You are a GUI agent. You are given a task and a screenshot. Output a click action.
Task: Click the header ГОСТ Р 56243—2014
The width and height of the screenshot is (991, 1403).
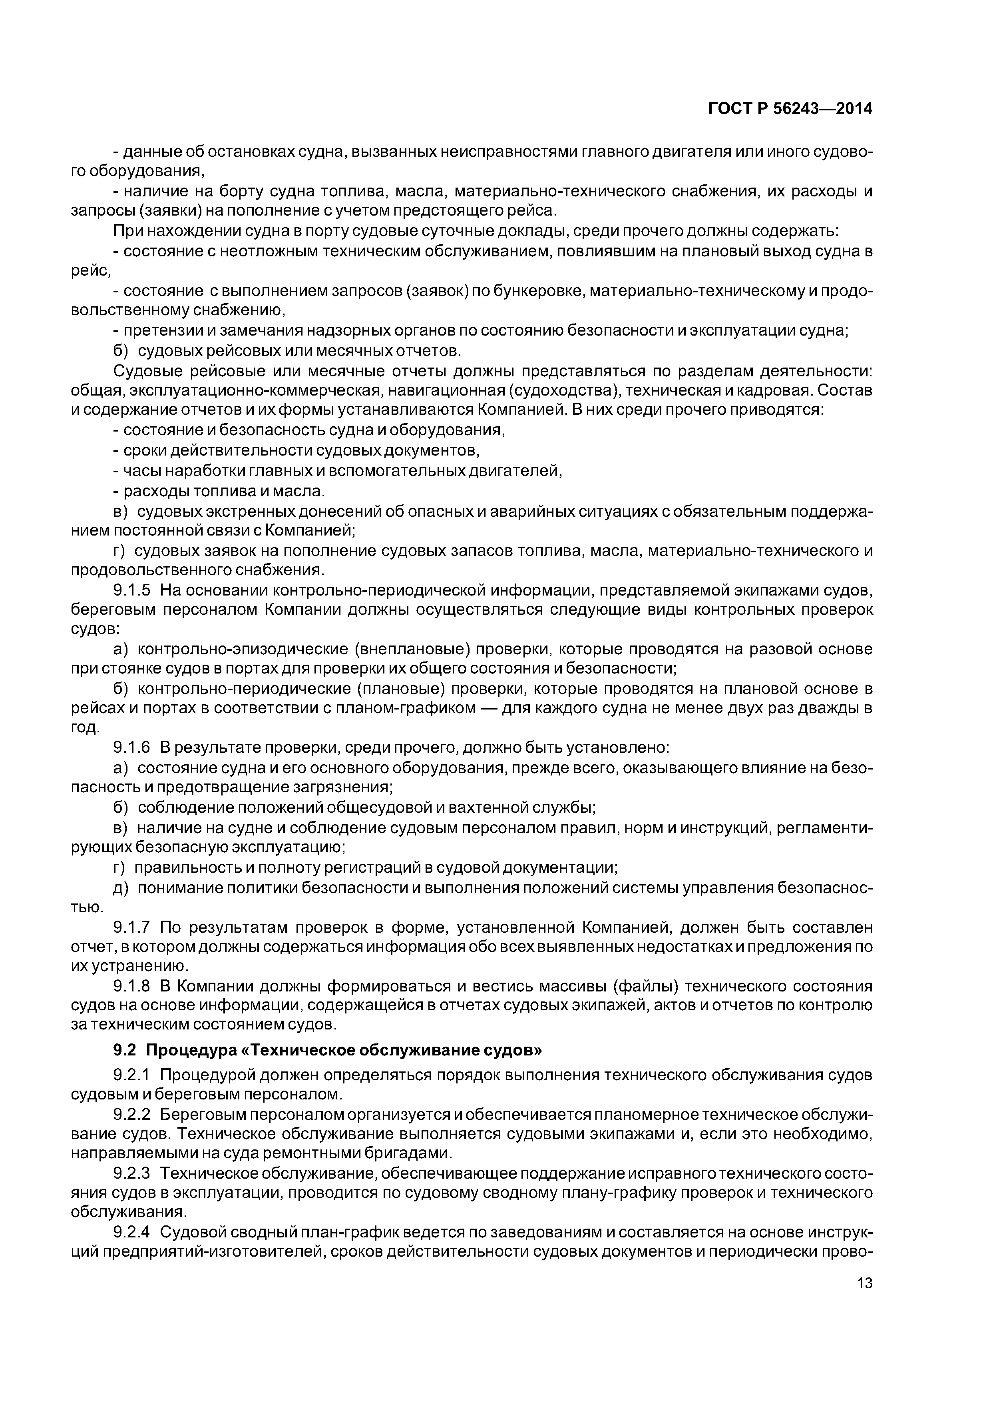click(x=790, y=109)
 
